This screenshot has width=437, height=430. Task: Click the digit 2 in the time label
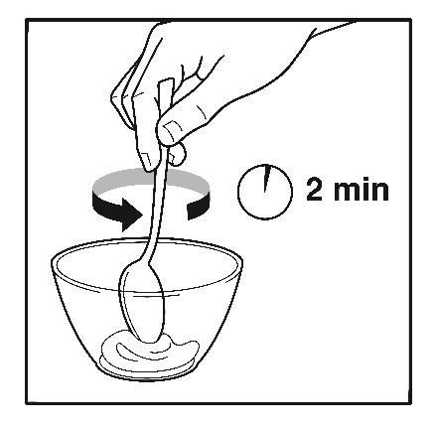click(x=314, y=190)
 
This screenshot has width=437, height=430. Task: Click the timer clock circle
click(x=238, y=192)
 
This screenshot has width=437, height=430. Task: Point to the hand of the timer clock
click(x=266, y=179)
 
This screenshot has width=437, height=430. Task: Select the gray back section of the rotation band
click(x=151, y=179)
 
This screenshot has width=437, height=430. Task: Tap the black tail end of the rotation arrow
click(x=198, y=208)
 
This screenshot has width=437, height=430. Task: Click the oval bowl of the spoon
click(x=142, y=302)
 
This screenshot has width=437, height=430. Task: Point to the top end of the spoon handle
click(x=167, y=80)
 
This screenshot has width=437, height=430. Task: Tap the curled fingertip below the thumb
click(x=178, y=154)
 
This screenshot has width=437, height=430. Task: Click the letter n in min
click(x=380, y=192)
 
